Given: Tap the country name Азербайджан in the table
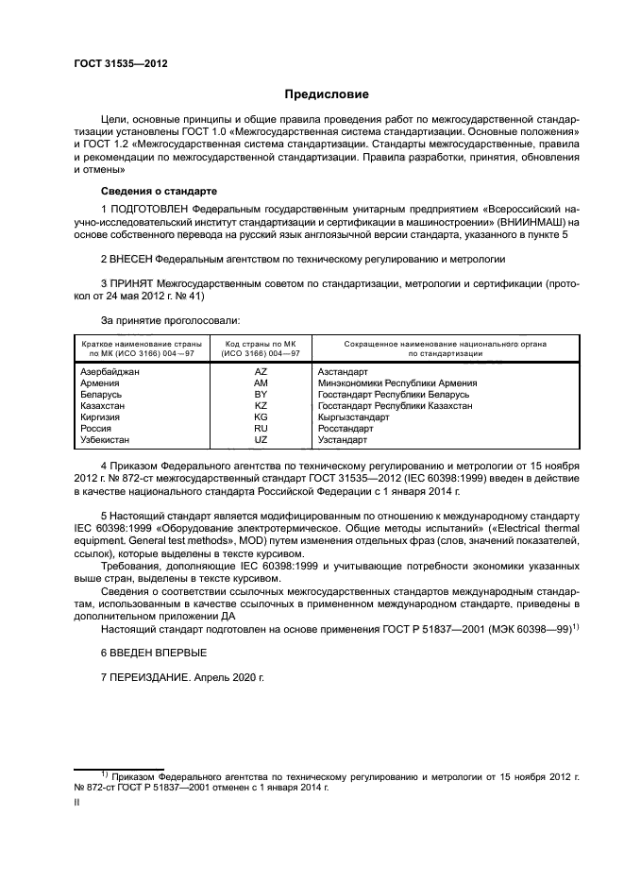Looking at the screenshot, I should click(x=110, y=372).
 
